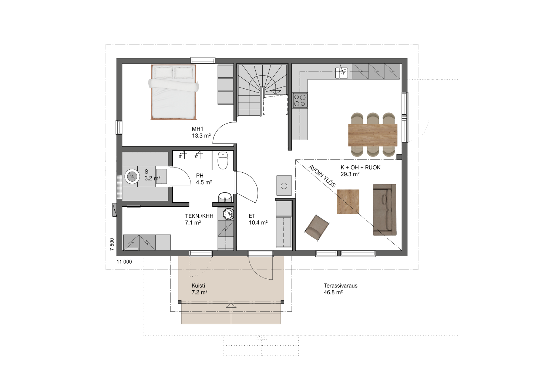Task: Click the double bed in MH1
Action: coord(174,92)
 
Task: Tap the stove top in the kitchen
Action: coord(300,100)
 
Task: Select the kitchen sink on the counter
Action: coord(342,73)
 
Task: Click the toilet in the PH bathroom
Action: coord(222,160)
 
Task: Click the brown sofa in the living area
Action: coord(384,210)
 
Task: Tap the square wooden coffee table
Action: coord(348,202)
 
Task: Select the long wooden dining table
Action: coord(373,135)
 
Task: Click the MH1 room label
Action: coord(198,129)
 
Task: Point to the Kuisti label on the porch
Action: coord(198,285)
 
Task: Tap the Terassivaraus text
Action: coord(340,285)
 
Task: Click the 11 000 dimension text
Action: coord(124,262)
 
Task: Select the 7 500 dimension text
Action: coord(112,244)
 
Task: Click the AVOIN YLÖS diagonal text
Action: coord(322,176)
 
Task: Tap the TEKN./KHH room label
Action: coord(199,216)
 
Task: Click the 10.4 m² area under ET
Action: coord(258,223)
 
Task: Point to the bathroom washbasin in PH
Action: coord(225,197)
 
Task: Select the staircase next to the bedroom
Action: coord(263,90)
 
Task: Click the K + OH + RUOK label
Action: coord(360,168)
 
